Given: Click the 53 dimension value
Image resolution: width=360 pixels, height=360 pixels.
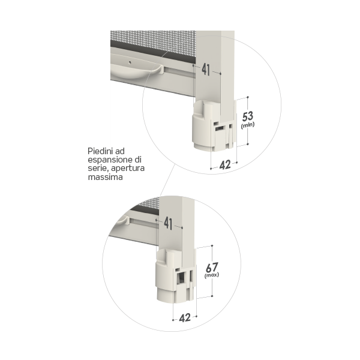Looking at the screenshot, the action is point(248,116).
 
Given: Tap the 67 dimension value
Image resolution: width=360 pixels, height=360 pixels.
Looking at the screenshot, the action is point(211,268).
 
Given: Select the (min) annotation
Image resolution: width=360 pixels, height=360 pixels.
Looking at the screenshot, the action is point(248,125).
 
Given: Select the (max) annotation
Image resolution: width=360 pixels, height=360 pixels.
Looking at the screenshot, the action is point(211,275).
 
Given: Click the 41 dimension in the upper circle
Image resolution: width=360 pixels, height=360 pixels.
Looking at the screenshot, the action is point(206,70).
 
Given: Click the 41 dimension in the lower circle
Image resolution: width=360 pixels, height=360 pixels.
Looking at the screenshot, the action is point(168,223).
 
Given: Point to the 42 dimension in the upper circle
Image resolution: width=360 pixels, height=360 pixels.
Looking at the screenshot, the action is point(225,165).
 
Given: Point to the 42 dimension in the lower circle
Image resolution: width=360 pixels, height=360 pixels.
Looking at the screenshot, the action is point(185,318).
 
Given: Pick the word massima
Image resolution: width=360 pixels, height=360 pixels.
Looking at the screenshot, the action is point(105,177).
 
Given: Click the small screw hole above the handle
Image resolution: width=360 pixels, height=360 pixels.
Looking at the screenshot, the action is point(130,62).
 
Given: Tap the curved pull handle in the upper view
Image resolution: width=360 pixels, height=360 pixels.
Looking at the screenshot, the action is point(136,69).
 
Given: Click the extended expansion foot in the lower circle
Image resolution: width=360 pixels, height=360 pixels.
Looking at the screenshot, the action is point(176,275).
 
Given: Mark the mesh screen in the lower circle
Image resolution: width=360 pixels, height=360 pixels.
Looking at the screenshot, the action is point(147,205).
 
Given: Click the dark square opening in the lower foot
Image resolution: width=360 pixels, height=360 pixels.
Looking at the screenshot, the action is point(181,278).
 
